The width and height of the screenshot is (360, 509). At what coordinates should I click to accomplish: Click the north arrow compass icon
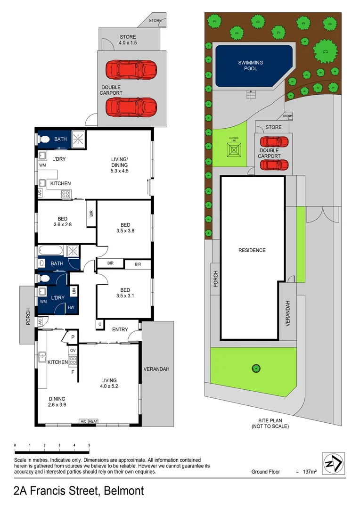(334, 464)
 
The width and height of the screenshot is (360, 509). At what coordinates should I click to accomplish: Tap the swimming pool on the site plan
(254, 66)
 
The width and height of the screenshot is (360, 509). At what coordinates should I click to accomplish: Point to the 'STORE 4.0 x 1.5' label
(127, 40)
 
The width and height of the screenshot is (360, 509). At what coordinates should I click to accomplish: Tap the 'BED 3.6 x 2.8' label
(62, 222)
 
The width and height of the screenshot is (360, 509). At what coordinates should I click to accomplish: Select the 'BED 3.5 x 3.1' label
(125, 293)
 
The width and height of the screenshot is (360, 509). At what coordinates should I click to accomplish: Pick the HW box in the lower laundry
(71, 307)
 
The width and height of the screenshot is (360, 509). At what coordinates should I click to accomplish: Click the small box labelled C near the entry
(100, 324)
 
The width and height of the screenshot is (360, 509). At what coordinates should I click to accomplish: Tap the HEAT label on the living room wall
(93, 421)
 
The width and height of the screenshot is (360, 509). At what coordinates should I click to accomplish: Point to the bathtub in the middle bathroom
(52, 250)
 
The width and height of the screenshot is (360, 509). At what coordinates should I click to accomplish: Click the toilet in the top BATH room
(45, 140)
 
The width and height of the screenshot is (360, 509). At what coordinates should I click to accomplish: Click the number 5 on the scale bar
(89, 445)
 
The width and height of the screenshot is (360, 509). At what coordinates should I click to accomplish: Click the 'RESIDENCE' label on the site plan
(252, 250)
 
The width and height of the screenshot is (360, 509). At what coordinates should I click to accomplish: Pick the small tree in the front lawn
(256, 368)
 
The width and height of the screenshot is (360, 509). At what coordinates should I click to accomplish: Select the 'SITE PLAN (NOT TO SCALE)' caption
(270, 423)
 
